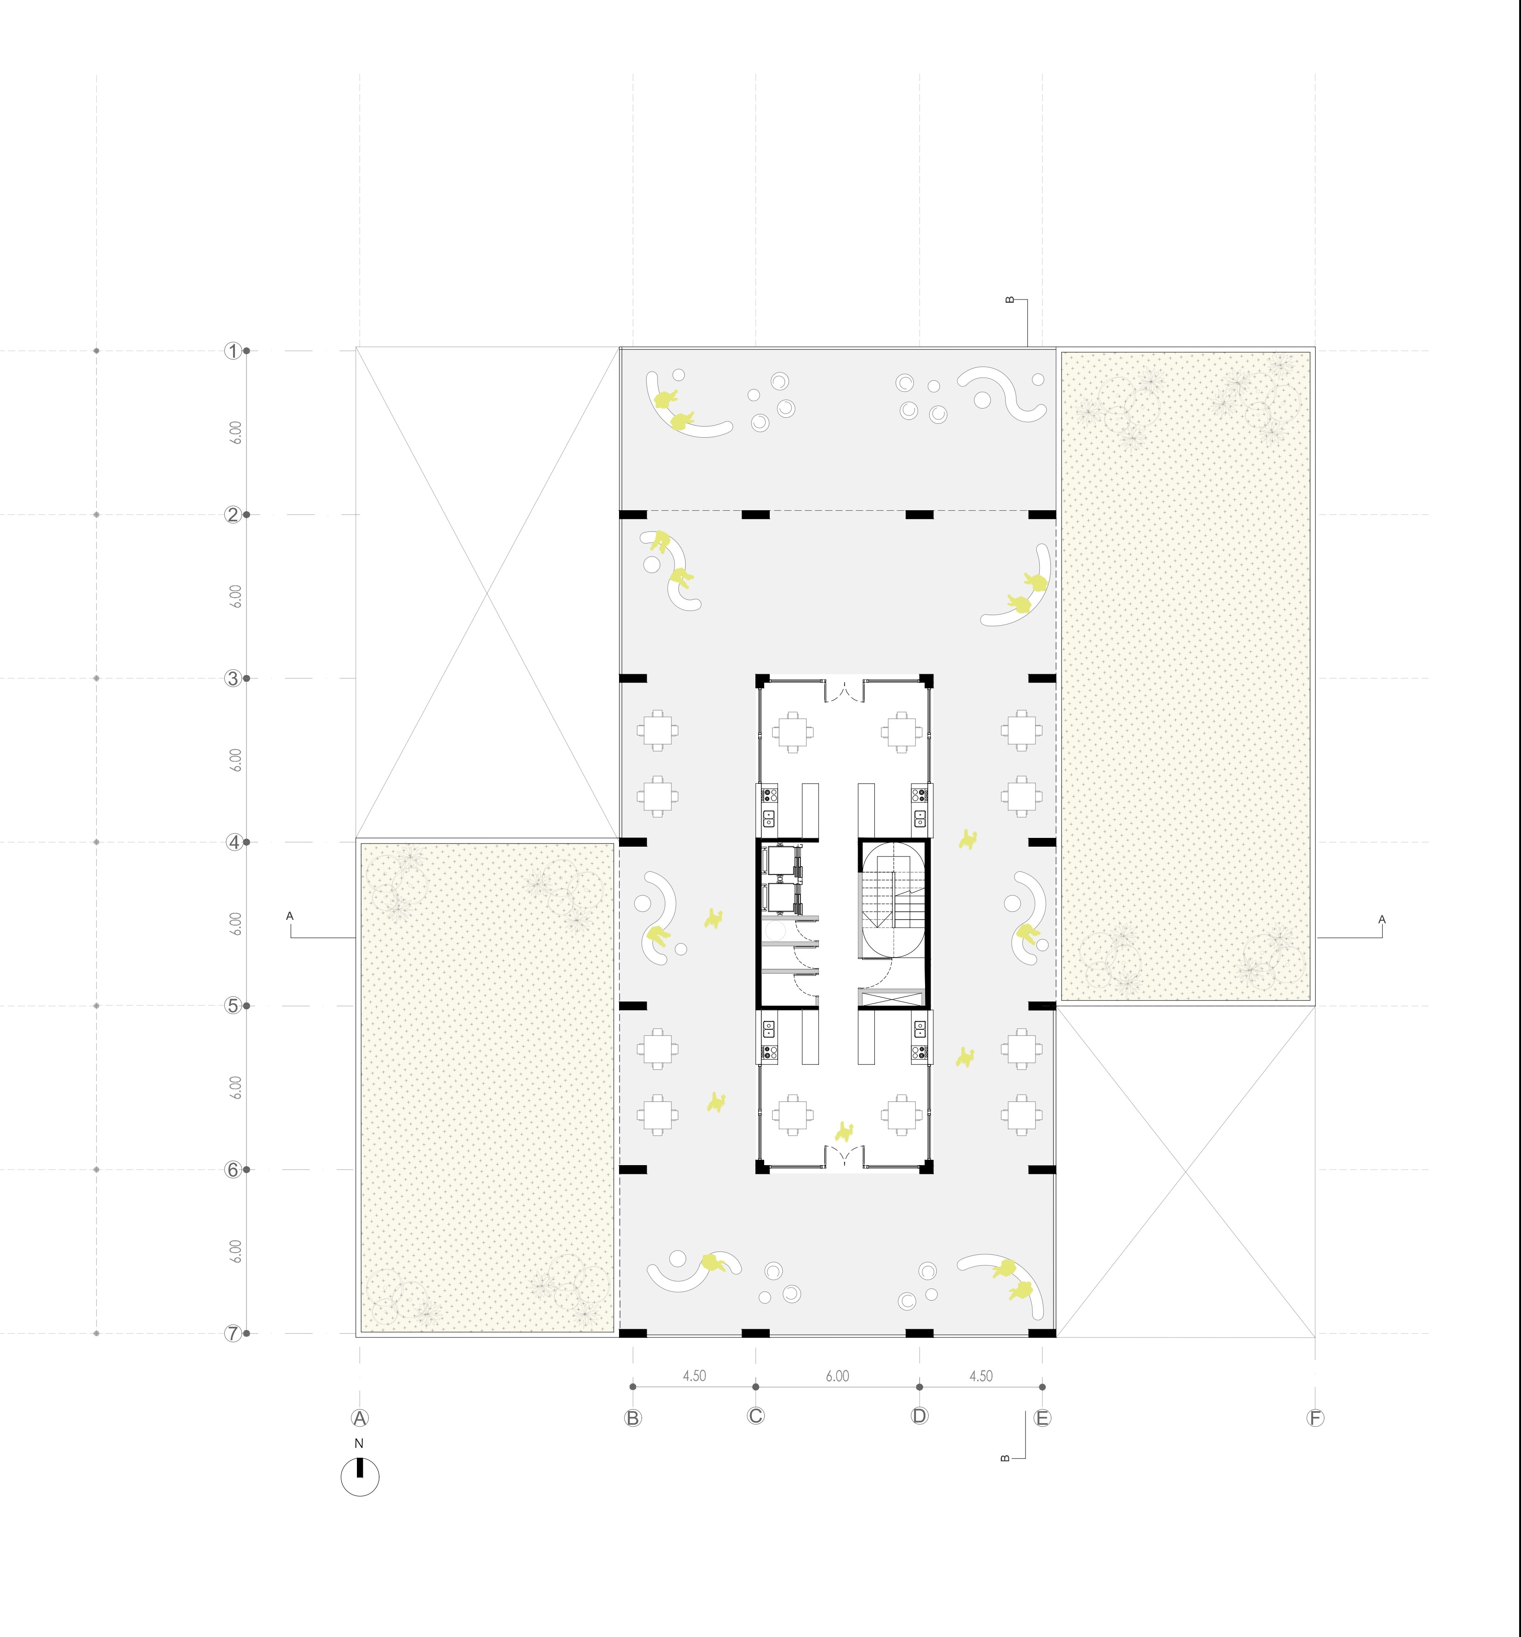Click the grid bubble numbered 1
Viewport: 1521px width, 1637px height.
tap(233, 351)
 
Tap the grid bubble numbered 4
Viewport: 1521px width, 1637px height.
tap(233, 843)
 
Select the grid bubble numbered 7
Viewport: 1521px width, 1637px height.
tap(233, 1333)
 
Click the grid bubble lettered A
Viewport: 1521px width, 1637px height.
tap(360, 1417)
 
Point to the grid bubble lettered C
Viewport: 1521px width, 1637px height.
tap(755, 1416)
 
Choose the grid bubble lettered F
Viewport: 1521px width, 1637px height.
tap(1315, 1417)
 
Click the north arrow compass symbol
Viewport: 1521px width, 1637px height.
tap(360, 1475)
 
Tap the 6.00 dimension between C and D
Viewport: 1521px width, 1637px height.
tap(837, 1375)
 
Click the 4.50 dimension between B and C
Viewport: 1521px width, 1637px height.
tap(694, 1375)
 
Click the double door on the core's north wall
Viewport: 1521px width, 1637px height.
tap(845, 690)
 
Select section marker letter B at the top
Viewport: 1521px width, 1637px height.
tap(1011, 300)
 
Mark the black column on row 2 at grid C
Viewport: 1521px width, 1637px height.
tap(755, 515)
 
